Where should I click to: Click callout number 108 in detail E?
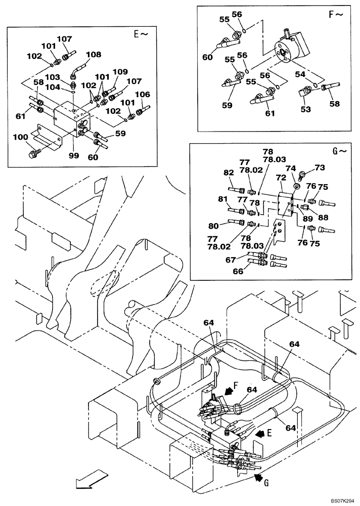pyautogui.click(x=94, y=54)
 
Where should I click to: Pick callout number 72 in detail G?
pyautogui.click(x=281, y=179)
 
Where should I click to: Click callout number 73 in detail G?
pyautogui.click(x=320, y=167)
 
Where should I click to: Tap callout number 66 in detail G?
pyautogui.click(x=237, y=271)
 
